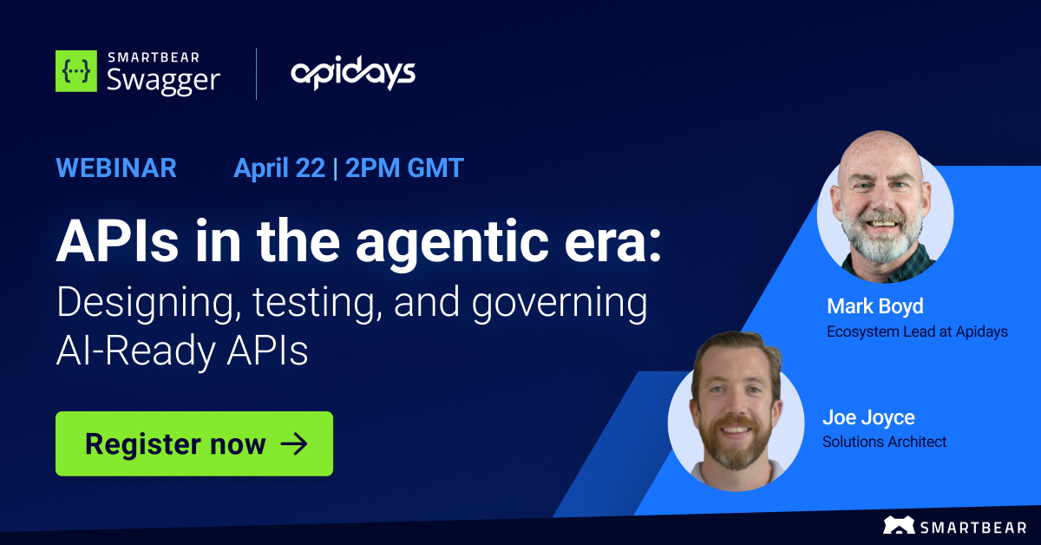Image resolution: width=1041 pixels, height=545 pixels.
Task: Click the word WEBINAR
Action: (x=116, y=167)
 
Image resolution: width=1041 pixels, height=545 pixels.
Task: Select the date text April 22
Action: (x=278, y=167)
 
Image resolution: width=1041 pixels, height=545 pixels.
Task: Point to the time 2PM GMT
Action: (x=404, y=167)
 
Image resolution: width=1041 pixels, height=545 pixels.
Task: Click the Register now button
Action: (x=193, y=443)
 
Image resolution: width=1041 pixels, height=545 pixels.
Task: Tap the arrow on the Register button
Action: (x=294, y=444)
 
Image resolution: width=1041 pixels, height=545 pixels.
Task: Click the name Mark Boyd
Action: (x=874, y=305)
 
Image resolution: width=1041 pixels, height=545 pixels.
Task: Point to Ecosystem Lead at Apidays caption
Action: (x=917, y=332)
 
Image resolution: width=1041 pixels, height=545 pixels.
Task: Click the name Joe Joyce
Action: (x=868, y=417)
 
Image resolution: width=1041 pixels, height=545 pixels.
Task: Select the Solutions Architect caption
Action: (x=884, y=442)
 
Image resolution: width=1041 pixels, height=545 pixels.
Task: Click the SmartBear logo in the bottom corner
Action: (x=956, y=525)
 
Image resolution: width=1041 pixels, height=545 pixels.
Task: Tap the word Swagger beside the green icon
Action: (x=163, y=80)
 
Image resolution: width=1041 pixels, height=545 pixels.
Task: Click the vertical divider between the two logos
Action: (x=256, y=74)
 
